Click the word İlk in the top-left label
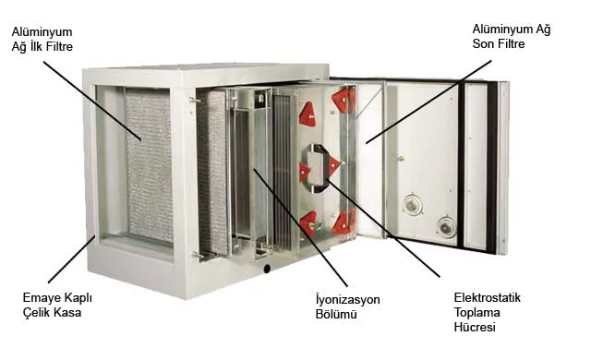(x=42, y=45)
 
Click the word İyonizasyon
(x=347, y=300)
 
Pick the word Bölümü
(x=336, y=316)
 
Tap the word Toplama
(x=476, y=312)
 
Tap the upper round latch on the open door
(x=412, y=204)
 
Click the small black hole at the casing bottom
(x=267, y=270)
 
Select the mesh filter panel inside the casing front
(x=148, y=166)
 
